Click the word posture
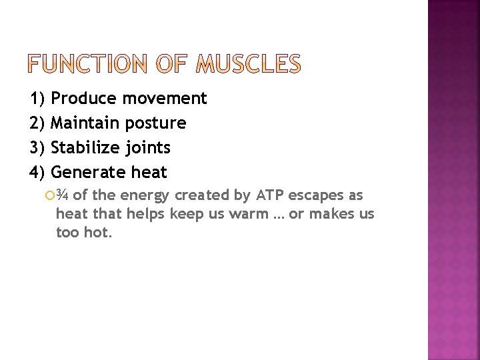tap(155, 123)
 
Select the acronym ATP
tap(267, 195)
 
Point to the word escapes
tap(315, 195)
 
